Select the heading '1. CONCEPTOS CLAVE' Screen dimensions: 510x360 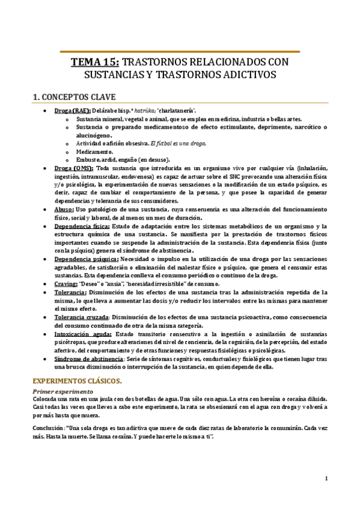coord(73,96)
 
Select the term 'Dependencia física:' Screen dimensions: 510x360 coord(82,226)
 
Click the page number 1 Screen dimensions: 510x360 coord(326,479)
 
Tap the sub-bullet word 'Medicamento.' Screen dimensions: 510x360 coord(95,152)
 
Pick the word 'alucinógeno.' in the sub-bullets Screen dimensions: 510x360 coord(95,136)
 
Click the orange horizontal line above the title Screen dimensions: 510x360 coord(180,52)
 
